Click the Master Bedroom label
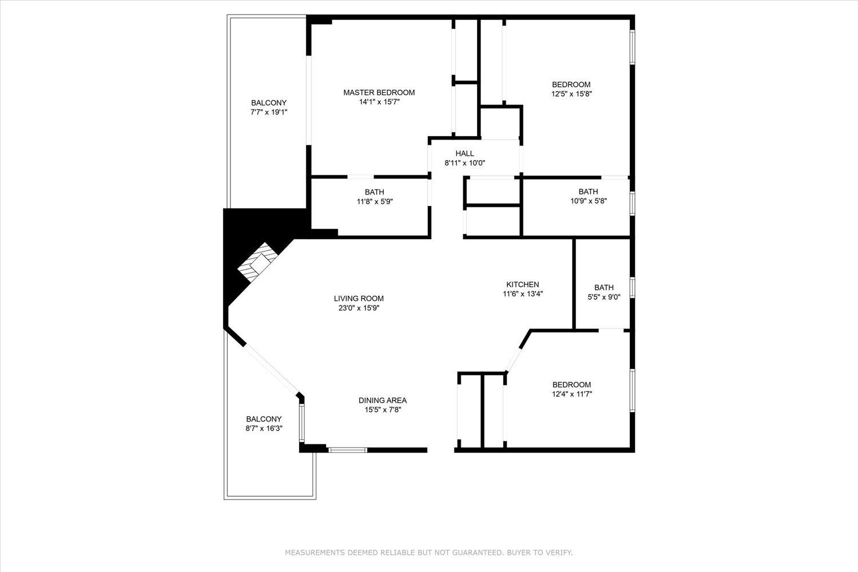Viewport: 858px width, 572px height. tap(379, 93)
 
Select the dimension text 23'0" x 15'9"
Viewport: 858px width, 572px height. tap(359, 308)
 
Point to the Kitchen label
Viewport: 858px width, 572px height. tap(522, 284)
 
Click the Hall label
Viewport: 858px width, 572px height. tap(464, 153)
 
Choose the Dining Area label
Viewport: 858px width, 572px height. tap(382, 400)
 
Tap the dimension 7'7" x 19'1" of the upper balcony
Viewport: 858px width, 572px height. tap(268, 113)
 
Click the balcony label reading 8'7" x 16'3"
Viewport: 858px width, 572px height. tap(264, 428)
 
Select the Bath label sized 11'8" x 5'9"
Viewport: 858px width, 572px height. tap(374, 192)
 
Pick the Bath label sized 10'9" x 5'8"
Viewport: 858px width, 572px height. tap(588, 192)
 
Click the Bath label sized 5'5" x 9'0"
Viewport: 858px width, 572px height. tap(603, 288)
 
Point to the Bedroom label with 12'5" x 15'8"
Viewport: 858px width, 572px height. tap(571, 85)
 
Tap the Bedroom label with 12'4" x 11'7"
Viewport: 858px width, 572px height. tap(571, 385)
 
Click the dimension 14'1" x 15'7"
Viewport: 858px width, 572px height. tap(379, 102)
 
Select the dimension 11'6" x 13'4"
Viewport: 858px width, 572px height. tap(522, 294)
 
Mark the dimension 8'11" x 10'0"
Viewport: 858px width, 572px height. tap(464, 163)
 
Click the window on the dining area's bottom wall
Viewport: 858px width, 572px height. tap(348, 450)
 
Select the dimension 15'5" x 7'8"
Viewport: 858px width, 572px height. tap(382, 410)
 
